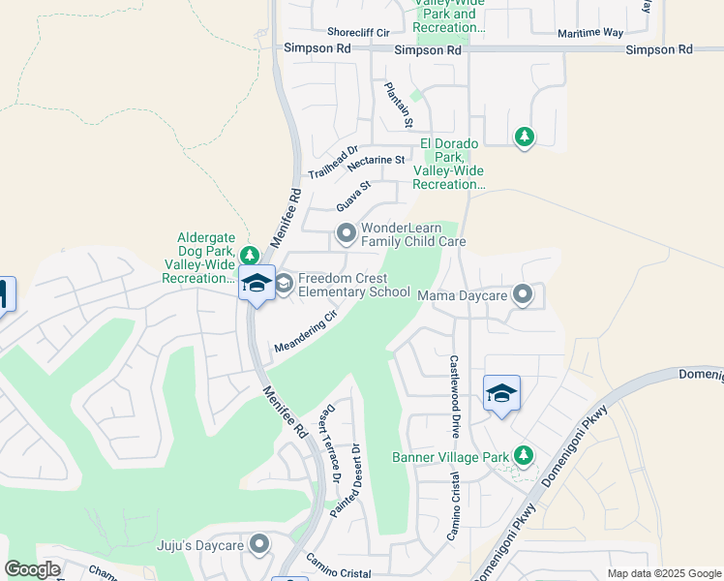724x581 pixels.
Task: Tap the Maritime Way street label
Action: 589,32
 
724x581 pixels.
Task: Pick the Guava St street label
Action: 353,197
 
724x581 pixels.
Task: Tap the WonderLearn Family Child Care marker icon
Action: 346,232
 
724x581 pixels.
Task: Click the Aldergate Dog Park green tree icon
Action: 250,255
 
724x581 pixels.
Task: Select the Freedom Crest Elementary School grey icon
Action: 284,284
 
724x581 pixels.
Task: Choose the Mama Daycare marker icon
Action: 523,293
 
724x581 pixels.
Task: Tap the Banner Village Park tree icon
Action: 524,454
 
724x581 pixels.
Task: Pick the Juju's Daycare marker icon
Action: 259,545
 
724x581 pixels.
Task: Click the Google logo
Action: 32,569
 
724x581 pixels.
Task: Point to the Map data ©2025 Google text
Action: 663,573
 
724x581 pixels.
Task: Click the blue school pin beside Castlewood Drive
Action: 501,394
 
